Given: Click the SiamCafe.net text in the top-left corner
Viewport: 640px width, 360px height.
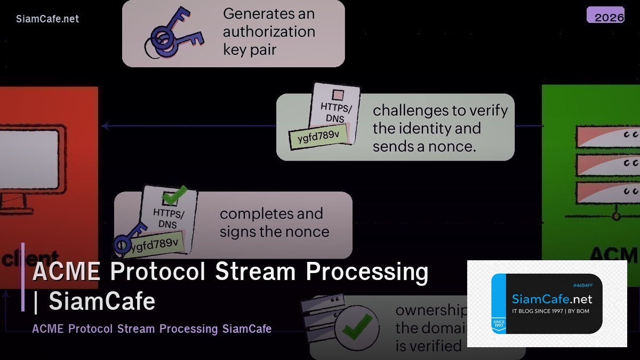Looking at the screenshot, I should [x=47, y=19].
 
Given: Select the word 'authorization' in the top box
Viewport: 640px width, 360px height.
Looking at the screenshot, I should [x=269, y=31].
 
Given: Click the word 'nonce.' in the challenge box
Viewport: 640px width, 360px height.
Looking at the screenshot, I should [x=453, y=146].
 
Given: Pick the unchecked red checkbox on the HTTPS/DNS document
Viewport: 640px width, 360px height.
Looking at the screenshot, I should [x=338, y=95].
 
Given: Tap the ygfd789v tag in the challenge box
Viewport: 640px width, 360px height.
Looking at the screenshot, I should [x=318, y=135].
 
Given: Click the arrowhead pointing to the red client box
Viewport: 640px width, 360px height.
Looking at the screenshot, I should [x=105, y=126].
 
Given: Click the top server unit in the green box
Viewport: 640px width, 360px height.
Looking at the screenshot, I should [x=607, y=137].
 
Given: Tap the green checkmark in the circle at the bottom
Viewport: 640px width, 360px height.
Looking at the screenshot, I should [x=357, y=326].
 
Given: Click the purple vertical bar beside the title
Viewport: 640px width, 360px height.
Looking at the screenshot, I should [x=23, y=277].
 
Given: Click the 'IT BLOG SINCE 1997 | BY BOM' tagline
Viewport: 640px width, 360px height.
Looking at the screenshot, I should [x=550, y=311].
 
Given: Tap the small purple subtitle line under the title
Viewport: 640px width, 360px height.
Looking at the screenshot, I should [x=152, y=329].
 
